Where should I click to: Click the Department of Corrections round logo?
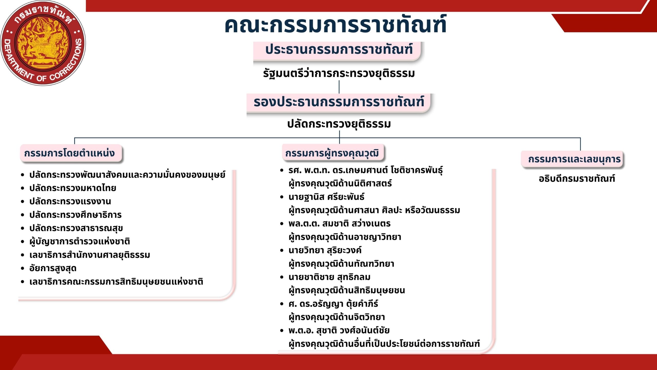[x=43, y=43]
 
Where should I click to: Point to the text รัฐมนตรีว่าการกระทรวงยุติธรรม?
[x=339, y=73]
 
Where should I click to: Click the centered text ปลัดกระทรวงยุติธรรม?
[x=339, y=124]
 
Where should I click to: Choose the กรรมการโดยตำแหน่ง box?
[x=71, y=153]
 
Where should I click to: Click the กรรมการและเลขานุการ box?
[x=573, y=159]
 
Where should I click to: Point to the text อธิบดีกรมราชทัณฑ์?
[x=577, y=178]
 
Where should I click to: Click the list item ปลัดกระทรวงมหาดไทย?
[x=73, y=188]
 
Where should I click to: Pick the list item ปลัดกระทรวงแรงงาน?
[x=70, y=201]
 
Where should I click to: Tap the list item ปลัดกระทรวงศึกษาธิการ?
[x=75, y=215]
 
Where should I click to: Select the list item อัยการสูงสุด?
[x=53, y=268]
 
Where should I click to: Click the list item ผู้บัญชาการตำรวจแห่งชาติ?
[x=80, y=242]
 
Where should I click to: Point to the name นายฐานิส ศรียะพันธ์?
[x=326, y=197]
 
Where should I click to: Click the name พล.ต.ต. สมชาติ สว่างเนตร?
[x=339, y=224]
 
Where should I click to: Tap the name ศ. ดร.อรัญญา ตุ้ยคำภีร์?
[x=333, y=304]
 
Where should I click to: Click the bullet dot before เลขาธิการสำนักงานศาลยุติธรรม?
[x=23, y=255]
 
